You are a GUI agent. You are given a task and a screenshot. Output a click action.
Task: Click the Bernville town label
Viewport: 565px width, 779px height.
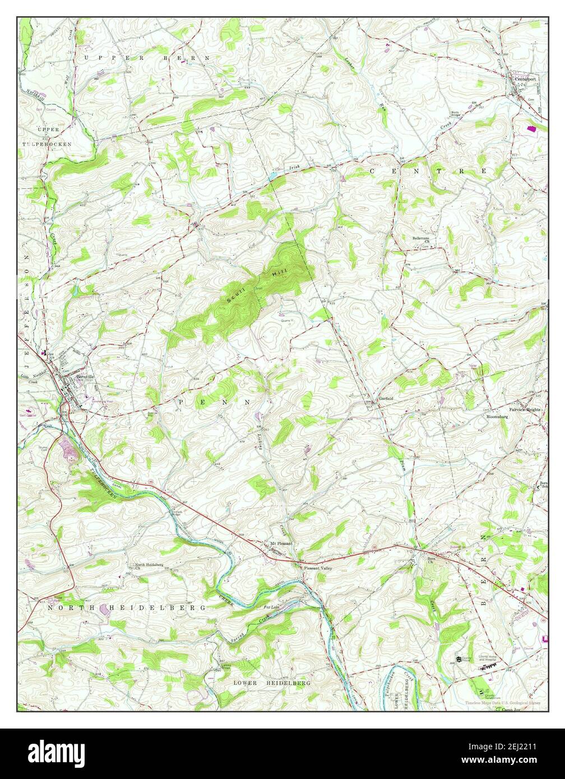point(76,377)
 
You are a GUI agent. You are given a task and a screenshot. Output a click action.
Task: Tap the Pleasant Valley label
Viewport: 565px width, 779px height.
point(318,568)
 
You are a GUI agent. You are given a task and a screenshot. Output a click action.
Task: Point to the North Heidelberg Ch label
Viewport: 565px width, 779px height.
point(149,566)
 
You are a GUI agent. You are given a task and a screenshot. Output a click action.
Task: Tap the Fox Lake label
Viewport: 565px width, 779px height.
point(272,608)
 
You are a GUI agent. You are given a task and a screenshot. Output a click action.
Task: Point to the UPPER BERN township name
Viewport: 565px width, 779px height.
point(146,58)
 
